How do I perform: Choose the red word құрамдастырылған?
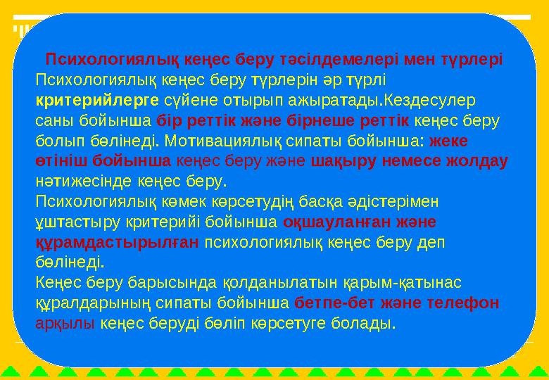117,243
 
